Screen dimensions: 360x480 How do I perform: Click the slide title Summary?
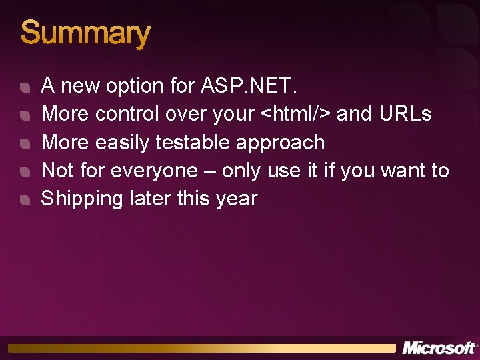(85, 33)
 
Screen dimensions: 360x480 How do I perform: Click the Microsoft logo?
(439, 348)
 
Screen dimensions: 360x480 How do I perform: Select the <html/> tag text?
(296, 114)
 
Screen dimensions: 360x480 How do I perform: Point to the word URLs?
(405, 114)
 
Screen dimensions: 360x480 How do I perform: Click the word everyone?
(154, 171)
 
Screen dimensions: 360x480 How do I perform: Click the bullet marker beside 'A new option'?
(25, 88)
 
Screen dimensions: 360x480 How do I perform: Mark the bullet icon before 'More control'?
(25, 116)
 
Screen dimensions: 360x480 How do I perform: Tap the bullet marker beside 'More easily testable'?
(25, 144)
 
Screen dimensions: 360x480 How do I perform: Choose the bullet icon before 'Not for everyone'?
(25, 172)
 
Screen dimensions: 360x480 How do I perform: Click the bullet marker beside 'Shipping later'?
(25, 200)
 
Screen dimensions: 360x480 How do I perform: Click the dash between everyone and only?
(210, 171)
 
